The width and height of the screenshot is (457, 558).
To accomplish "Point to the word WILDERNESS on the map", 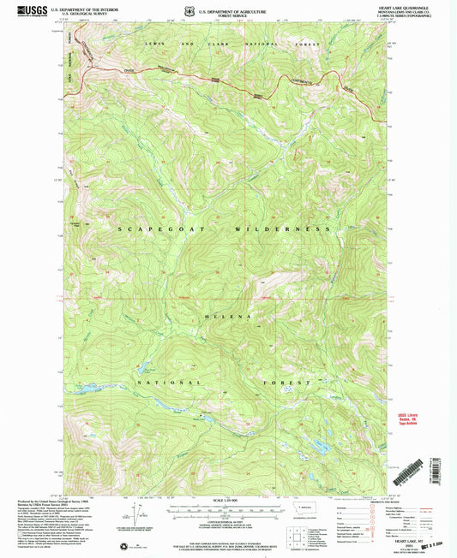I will click(290, 230).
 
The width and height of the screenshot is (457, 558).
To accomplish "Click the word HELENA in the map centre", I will click(230, 317).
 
